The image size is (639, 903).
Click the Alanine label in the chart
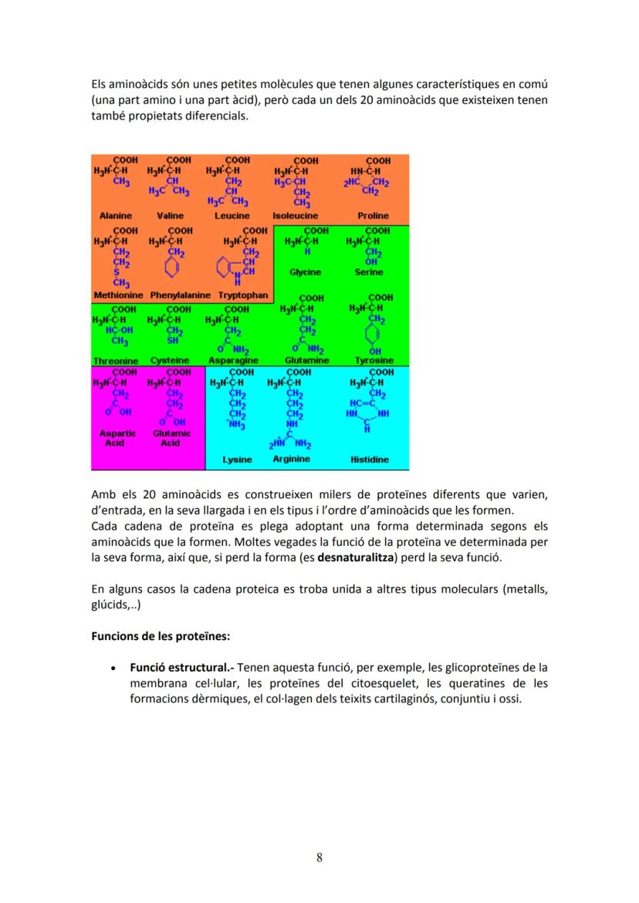tap(115, 217)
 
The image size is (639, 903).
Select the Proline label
tap(374, 217)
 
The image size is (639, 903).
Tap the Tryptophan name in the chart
tap(242, 295)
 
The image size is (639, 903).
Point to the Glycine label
tap(305, 272)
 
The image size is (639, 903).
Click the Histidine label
tap(370, 460)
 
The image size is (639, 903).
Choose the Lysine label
tap(237, 460)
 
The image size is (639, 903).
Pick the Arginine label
tap(291, 459)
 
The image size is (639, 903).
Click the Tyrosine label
tap(374, 360)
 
